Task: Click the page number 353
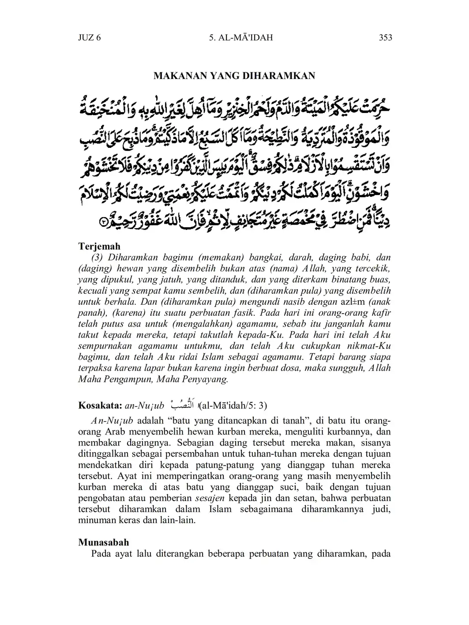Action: (385, 37)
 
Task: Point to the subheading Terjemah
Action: (99, 246)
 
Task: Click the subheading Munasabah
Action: (104, 542)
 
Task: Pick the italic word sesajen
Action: (210, 498)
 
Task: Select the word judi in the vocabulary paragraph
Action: (383, 509)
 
